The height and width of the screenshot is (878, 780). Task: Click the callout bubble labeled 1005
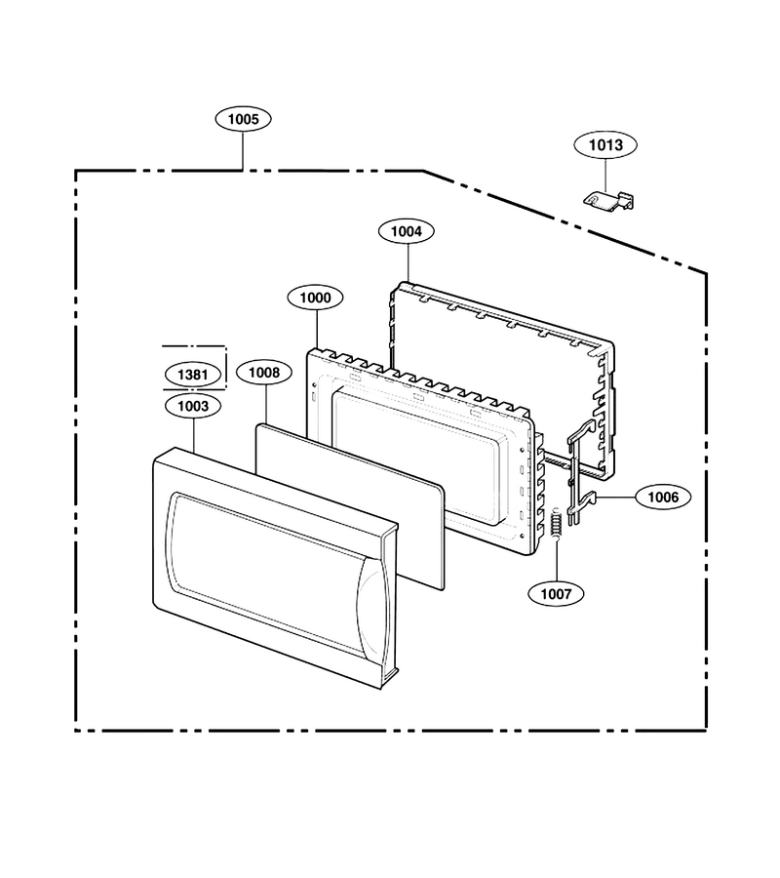click(244, 119)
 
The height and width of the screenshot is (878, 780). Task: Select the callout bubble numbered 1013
click(605, 145)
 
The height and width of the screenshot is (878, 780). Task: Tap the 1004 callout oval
click(407, 230)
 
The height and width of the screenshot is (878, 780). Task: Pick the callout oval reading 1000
click(316, 298)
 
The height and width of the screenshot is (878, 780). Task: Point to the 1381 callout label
click(192, 374)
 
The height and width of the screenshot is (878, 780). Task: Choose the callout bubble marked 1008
click(264, 373)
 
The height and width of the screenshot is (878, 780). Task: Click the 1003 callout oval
click(193, 406)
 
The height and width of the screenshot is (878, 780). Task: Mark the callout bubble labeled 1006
click(663, 497)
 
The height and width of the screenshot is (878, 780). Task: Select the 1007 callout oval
click(556, 593)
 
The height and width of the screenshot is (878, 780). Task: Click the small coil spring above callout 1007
click(556, 523)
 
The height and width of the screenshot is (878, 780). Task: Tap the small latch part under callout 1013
click(609, 200)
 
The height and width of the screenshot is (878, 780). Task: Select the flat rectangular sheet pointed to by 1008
click(350, 506)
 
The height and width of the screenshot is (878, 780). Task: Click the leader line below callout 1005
click(243, 151)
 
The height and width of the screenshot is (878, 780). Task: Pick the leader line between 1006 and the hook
click(616, 497)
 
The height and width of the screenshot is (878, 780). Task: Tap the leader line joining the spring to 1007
click(557, 560)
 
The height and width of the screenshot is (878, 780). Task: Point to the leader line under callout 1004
click(408, 263)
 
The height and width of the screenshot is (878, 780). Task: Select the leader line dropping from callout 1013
click(605, 175)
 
